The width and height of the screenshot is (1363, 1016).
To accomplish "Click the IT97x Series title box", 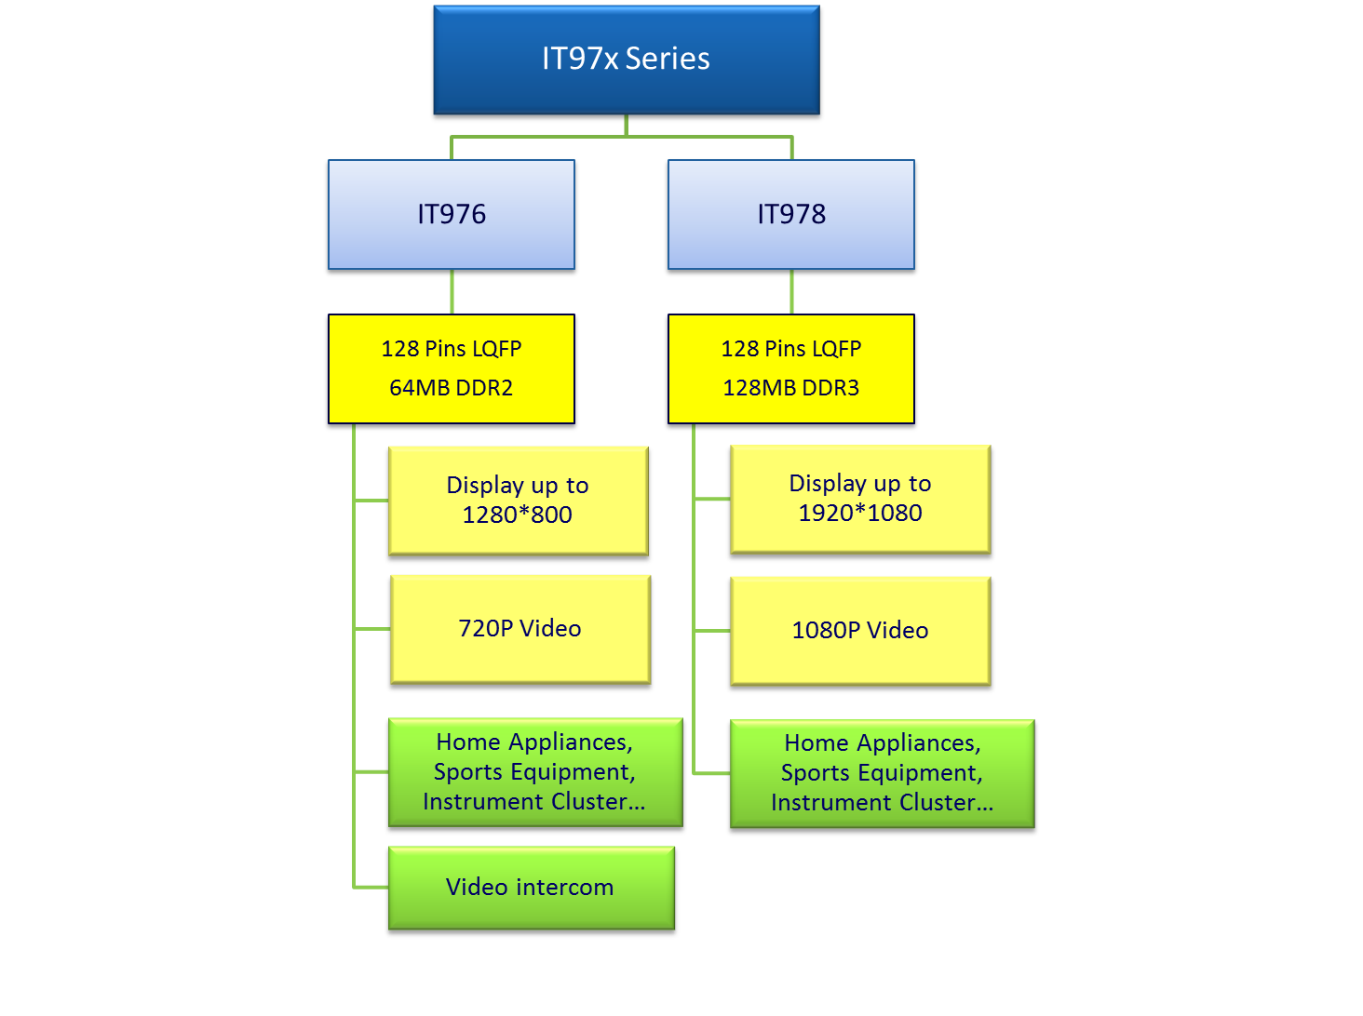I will coord(626,60).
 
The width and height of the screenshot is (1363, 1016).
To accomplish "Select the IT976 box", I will coord(452,215).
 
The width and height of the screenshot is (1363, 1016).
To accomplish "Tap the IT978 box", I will coord(791,215).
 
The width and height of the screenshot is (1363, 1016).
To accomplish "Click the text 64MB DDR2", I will coord(452,388).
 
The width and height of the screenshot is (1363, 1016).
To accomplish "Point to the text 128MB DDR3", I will coord(791,388).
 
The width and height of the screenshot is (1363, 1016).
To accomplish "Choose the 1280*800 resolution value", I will coord(518,515).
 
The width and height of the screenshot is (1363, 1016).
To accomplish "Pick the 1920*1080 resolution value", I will coord(860,513).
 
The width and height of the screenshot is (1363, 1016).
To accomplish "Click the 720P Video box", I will coord(520,629).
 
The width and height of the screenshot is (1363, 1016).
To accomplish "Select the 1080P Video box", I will coord(860,631).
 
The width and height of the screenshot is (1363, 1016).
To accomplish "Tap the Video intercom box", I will coord(530,888).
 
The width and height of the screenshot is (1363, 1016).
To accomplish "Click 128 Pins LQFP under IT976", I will coord(452,349).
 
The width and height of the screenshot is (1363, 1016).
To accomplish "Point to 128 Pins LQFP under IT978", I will coord(791,349).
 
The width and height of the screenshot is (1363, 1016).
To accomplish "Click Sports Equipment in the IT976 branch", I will coord(534,772).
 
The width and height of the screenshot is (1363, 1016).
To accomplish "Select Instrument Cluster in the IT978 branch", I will coord(882,803).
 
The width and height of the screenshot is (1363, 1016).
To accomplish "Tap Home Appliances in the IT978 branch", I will coord(882,743).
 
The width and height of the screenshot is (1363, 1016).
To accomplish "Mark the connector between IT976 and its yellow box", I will coord(452,292).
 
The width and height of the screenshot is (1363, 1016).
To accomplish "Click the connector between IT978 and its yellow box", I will coord(791,292).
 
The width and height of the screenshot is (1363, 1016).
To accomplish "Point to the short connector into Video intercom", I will coord(371,887).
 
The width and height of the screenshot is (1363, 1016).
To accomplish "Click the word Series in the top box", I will coord(668,59).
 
